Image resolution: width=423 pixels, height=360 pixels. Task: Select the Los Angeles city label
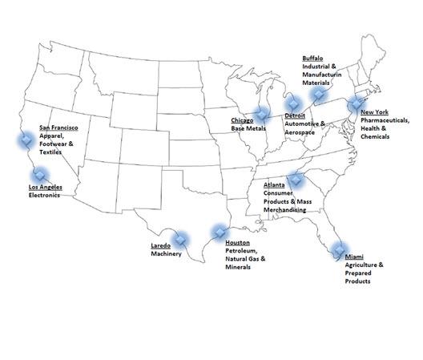click(45, 188)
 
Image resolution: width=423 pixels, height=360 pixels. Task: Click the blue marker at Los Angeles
click(38, 173)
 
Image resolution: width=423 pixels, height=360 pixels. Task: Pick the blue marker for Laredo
click(181, 238)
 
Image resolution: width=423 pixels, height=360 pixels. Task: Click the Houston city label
click(239, 242)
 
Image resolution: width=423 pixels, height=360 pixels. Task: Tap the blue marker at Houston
click(218, 234)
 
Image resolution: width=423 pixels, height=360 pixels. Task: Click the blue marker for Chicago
click(262, 115)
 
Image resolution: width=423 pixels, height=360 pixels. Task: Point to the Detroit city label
click(295, 115)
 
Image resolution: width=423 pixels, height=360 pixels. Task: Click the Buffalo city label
click(312, 59)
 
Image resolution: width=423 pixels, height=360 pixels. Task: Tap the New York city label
click(375, 113)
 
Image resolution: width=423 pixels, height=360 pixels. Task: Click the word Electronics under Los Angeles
click(44, 195)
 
